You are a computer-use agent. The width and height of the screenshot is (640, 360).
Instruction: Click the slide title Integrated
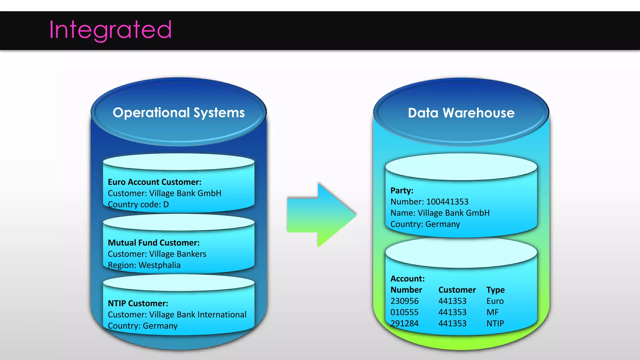click(x=110, y=30)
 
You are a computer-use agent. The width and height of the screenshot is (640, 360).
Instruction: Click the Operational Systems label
click(x=178, y=113)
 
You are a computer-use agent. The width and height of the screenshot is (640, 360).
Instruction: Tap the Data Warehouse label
click(x=461, y=113)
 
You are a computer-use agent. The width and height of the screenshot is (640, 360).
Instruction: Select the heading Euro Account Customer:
click(x=154, y=182)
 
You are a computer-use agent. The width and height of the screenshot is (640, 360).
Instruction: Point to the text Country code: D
click(x=138, y=204)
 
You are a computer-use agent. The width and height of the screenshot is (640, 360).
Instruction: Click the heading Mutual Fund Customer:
click(x=153, y=243)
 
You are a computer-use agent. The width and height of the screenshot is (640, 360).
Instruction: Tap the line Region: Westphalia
click(x=144, y=265)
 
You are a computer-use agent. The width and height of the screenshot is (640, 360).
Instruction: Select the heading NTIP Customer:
click(x=138, y=303)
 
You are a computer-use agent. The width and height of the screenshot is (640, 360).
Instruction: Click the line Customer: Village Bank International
click(x=177, y=314)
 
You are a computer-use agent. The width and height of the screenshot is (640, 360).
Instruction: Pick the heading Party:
click(x=402, y=191)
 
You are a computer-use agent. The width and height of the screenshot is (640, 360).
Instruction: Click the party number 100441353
click(x=447, y=202)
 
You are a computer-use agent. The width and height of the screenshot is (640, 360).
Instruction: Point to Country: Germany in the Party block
click(x=425, y=224)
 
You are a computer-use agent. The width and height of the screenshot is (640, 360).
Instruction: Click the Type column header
click(x=495, y=290)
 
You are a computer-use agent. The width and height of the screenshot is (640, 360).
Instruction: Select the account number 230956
click(x=404, y=301)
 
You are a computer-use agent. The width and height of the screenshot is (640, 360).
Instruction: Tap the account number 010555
click(x=404, y=312)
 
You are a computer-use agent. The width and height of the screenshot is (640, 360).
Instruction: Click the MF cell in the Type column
click(x=492, y=312)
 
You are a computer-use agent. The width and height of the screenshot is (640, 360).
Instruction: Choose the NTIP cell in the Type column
click(x=495, y=323)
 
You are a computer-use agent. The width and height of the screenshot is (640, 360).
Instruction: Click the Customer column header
click(x=457, y=290)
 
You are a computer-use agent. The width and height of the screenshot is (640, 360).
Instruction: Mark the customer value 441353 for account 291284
click(x=452, y=323)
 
